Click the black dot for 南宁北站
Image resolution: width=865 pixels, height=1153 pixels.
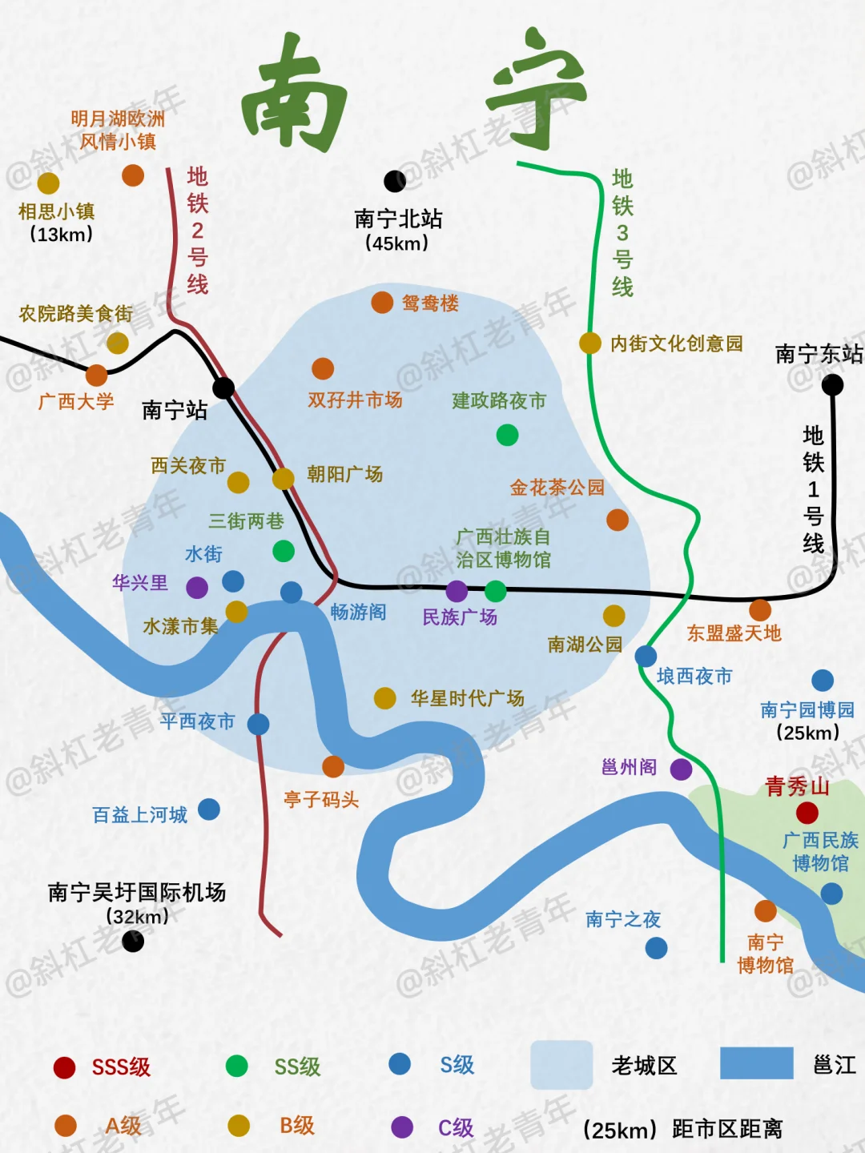tap(395, 182)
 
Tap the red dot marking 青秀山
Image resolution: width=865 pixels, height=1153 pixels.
tap(807, 813)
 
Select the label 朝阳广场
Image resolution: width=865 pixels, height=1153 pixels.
tap(345, 474)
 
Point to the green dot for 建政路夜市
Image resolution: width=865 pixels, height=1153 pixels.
tap(507, 435)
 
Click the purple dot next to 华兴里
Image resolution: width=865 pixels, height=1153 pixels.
tap(197, 588)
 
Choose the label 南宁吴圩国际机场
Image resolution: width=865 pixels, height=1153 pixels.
tap(137, 892)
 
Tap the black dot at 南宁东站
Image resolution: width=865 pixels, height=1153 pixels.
tap(833, 385)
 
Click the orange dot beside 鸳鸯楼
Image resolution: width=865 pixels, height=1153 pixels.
tap(382, 303)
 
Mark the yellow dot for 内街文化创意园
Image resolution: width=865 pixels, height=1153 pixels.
tap(590, 343)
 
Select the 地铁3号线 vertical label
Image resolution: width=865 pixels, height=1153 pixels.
tap(622, 233)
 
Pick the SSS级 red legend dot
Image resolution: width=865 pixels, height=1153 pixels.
tap(64, 1067)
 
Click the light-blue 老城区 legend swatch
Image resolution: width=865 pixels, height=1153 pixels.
tap(561, 1065)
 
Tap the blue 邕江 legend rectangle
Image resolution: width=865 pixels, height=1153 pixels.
tap(756, 1063)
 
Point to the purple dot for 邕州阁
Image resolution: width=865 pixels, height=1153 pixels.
tap(682, 769)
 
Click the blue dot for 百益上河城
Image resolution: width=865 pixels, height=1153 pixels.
tap(209, 810)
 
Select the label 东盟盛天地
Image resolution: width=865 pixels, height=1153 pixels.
tap(734, 633)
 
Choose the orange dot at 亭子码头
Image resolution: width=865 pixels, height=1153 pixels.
tap(333, 766)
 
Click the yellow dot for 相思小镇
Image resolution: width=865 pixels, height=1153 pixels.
tap(48, 183)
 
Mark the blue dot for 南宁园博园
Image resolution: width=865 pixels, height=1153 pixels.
tap(823, 681)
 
